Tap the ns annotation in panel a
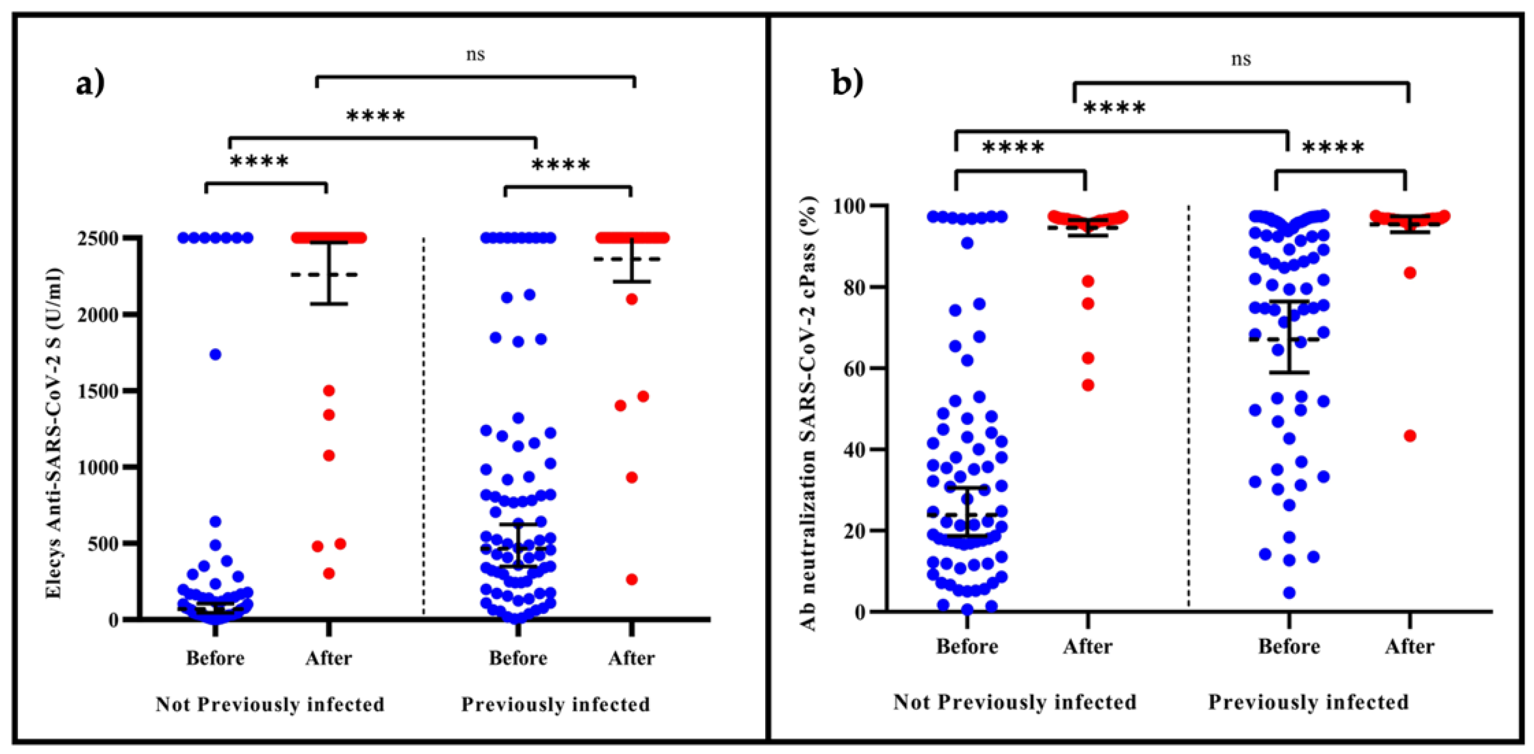474,55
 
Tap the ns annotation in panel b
1241,60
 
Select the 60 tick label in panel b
854,368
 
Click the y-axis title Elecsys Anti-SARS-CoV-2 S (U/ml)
54,433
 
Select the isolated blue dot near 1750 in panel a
216,354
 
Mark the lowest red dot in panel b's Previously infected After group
1410,436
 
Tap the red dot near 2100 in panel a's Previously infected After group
632,299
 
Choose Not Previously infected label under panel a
270,704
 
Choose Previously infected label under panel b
1308,702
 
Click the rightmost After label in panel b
1409,646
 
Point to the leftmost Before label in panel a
215,658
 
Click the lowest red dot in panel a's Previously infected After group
632,579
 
